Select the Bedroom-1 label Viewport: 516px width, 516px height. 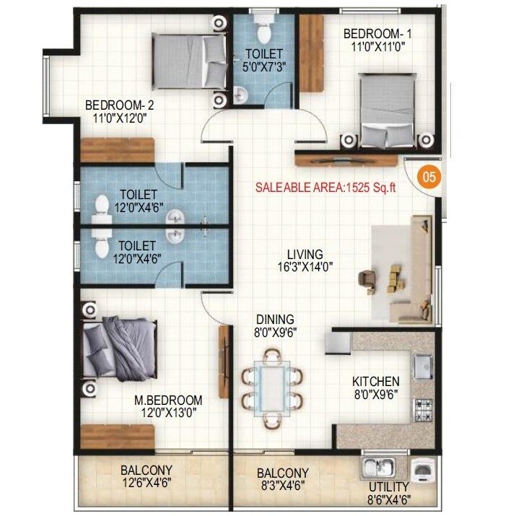click(378, 40)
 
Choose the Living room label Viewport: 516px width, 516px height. click(305, 261)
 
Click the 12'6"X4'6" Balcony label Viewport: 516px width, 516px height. click(147, 478)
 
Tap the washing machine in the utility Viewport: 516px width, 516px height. click(422, 470)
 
